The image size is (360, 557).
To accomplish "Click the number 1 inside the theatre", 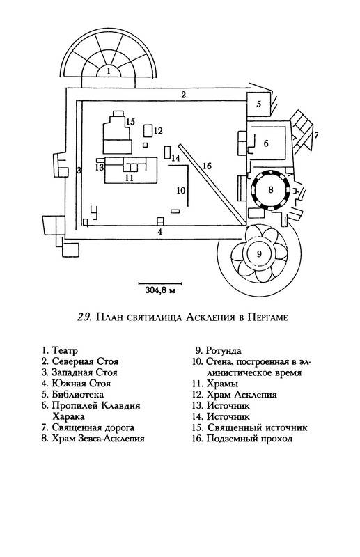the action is pos(109,71).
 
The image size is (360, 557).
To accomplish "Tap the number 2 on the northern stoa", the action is pos(183,95).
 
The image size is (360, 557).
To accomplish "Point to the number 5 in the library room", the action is pos(259,104).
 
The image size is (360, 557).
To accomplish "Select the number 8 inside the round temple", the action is pos(271,189).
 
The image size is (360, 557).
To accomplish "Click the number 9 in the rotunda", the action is pos(259,253).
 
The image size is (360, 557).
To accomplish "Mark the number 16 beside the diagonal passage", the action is pos(207,166).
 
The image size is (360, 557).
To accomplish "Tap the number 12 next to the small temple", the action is pos(158,131).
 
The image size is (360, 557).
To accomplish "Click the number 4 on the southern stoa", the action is pos(160,232).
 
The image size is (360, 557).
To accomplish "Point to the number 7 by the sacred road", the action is pos(316,134).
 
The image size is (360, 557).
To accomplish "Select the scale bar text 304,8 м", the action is pos(161,290).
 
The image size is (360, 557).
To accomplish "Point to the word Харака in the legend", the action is pos(68,416).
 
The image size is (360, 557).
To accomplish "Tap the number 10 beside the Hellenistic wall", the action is pos(181,190).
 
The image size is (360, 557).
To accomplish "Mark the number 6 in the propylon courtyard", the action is pos(266,143).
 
